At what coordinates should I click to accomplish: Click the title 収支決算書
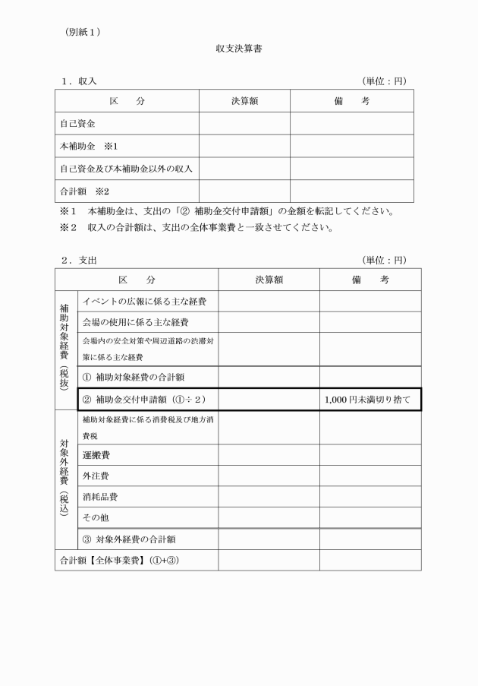coord(239,49)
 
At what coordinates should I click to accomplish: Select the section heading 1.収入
coord(79,81)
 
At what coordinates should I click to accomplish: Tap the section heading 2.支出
coord(79,260)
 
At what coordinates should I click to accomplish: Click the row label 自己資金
coord(77,123)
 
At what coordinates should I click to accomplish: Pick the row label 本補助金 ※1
coord(90,146)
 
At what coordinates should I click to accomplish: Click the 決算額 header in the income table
coord(244,101)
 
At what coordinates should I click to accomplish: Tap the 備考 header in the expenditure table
coord(370,280)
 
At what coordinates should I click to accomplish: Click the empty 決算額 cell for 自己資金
coord(244,123)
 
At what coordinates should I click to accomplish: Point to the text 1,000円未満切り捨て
coord(366,399)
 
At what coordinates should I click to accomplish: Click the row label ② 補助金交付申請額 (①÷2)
coord(143,399)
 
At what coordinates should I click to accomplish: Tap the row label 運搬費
coord(97,454)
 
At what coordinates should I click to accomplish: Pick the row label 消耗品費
coord(100,497)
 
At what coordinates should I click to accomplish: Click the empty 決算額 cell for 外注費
coord(269,476)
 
